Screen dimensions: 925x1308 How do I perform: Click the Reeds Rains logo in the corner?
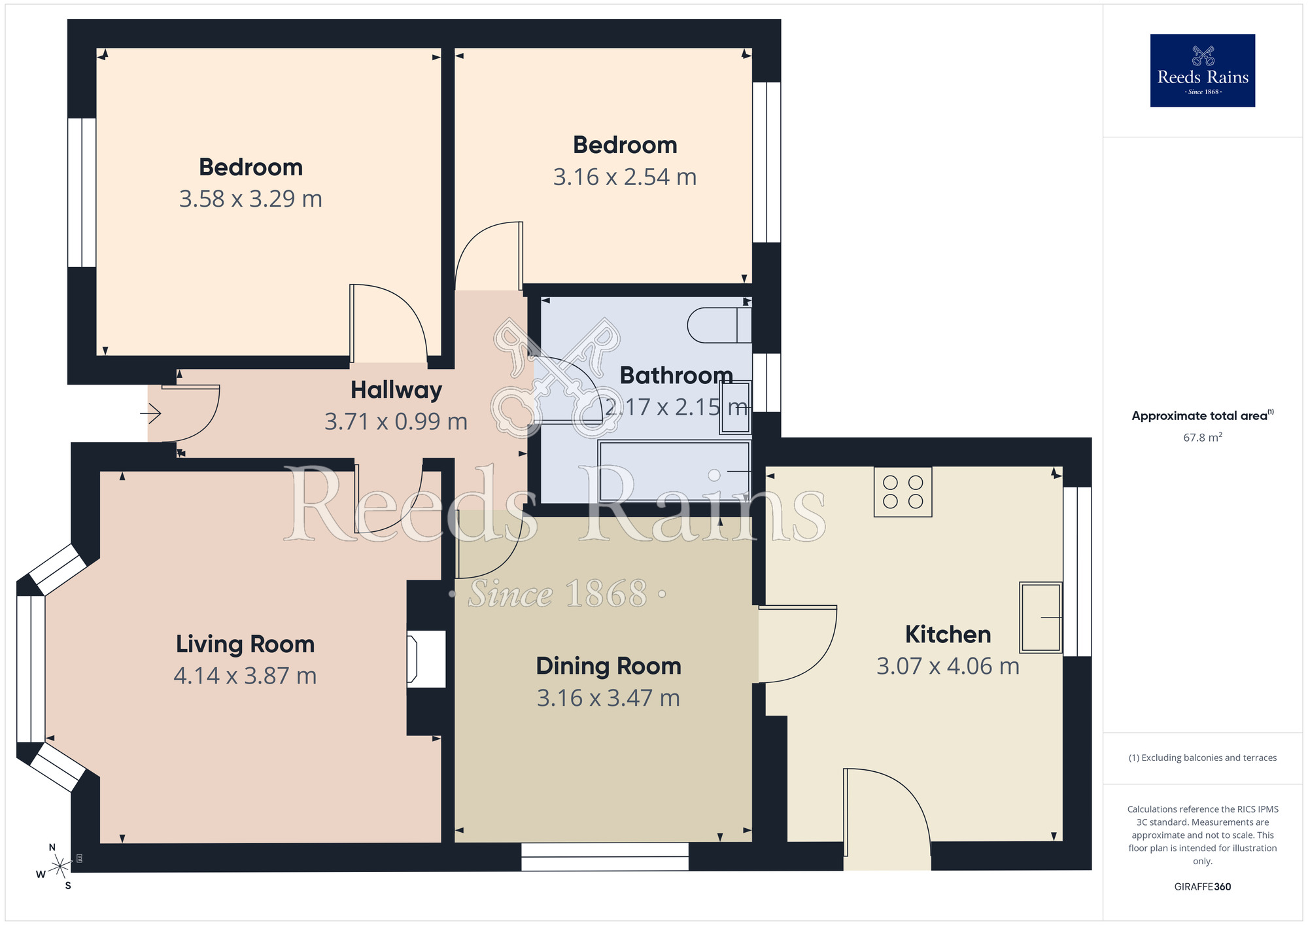[1202, 71]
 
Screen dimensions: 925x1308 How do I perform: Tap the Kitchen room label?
[948, 635]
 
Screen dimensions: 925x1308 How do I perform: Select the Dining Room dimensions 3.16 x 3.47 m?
[608, 698]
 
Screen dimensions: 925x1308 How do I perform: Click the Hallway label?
[396, 390]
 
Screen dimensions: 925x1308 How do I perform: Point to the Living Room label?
[245, 644]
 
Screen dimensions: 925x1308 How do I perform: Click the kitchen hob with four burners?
[903, 492]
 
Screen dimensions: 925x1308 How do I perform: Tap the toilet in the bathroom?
[719, 325]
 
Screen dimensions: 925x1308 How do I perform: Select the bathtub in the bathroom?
[674, 471]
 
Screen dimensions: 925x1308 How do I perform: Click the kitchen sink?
[1041, 618]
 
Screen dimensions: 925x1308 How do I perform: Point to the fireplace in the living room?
[426, 659]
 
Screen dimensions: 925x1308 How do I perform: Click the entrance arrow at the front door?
[150, 413]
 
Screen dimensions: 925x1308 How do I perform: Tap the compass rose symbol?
[59, 866]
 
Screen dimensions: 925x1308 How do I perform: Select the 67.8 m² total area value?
[1202, 438]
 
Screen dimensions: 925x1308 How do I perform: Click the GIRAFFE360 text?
[1202, 887]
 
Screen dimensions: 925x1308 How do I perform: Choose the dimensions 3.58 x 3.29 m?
[250, 199]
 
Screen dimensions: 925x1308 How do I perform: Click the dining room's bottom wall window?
[604, 856]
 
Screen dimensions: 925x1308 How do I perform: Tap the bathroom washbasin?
[735, 407]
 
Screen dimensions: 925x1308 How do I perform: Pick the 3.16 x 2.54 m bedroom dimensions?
[625, 177]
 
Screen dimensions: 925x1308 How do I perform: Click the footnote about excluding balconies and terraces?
[1202, 758]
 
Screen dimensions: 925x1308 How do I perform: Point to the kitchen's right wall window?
[1076, 571]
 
